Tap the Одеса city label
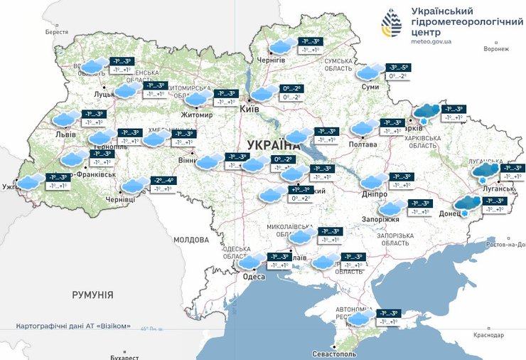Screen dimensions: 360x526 coord(254,277)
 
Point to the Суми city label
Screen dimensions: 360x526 coord(370,87)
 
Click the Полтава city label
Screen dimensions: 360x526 coord(363,144)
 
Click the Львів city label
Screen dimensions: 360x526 coord(65,134)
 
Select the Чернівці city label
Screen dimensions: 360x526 coord(120,201)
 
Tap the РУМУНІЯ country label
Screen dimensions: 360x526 coord(92,294)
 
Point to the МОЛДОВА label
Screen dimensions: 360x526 coord(190,240)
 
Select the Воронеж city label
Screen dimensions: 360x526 coord(495,49)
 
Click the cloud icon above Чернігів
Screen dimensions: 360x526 coord(282,47)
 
